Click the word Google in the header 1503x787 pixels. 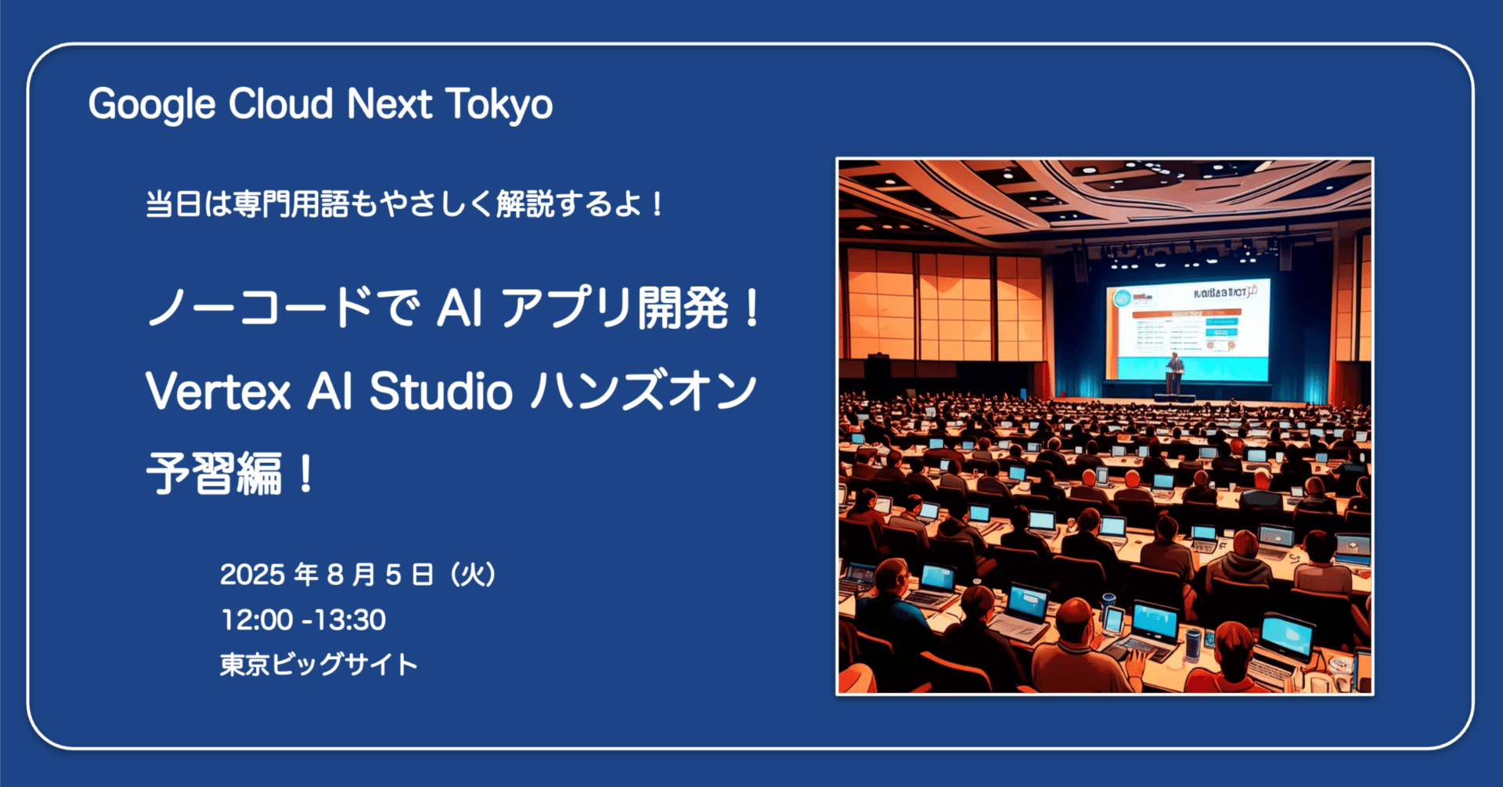tap(151, 105)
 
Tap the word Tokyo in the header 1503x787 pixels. tap(499, 105)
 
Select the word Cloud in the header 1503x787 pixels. tap(281, 105)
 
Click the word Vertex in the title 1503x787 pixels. tap(218, 392)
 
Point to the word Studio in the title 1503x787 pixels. tap(441, 392)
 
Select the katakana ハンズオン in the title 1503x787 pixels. tap(643, 392)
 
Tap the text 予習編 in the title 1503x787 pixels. tap(214, 475)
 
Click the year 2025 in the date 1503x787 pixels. tap(252, 575)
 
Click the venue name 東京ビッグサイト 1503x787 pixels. tap(319, 665)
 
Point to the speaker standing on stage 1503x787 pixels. tap(1174, 366)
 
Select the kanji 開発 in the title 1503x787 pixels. tap(683, 309)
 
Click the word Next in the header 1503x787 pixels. tap(389, 105)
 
